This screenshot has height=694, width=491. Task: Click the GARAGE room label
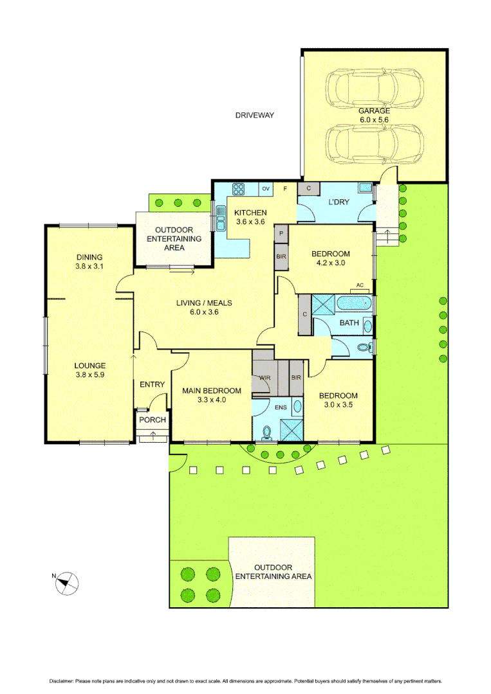374,111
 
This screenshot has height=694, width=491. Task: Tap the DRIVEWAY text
254,116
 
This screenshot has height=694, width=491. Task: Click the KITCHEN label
250,213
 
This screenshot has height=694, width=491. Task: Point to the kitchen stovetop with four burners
238,189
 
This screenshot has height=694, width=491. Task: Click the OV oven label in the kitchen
265,189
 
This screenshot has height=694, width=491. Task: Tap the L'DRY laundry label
338,202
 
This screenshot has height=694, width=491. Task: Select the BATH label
349,323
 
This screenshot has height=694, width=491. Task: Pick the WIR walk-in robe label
264,378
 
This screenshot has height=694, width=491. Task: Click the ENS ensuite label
281,407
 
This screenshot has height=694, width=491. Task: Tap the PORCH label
153,420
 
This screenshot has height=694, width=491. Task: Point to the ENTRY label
153,385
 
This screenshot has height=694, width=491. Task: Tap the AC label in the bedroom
360,285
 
